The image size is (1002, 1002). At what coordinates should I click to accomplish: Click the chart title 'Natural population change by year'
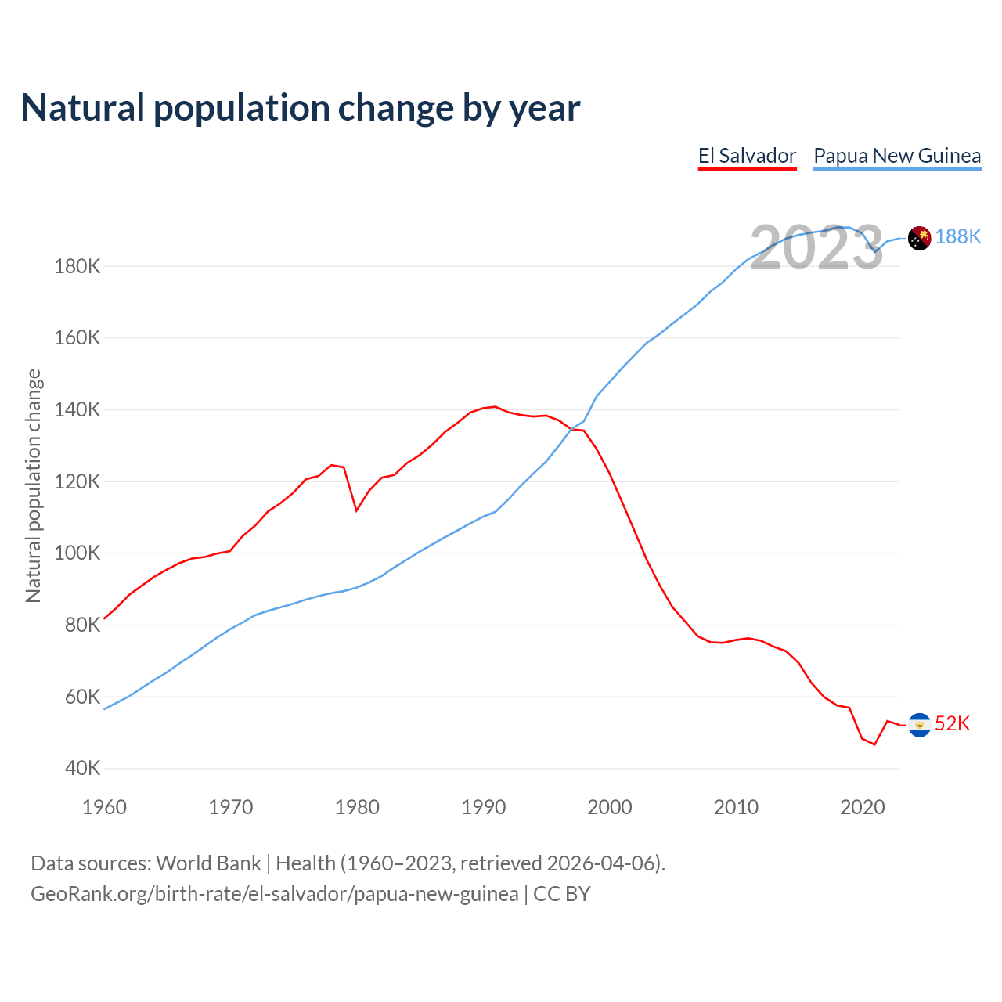tap(301, 107)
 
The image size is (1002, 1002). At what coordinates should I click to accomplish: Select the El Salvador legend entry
tap(747, 156)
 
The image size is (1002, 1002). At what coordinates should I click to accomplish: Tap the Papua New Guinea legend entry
tap(897, 156)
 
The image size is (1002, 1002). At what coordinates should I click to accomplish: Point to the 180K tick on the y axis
tap(77, 266)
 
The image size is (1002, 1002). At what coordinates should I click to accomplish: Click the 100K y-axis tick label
tap(77, 553)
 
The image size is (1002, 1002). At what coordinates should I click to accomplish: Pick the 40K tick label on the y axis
tap(82, 768)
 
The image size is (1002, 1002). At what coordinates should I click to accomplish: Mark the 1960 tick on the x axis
tap(104, 807)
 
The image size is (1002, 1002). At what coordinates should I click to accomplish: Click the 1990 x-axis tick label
tap(483, 807)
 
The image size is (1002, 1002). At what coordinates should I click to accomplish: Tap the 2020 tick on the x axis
tap(862, 807)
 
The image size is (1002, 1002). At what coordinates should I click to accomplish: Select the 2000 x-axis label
tap(610, 807)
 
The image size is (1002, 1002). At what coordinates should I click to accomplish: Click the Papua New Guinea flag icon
tap(919, 237)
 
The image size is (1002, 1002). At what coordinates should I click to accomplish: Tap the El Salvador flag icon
tap(919, 725)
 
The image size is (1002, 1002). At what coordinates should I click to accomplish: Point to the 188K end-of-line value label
tap(958, 236)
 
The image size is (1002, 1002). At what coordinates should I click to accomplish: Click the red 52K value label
tap(953, 724)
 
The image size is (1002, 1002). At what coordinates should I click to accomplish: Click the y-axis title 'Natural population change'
tap(33, 486)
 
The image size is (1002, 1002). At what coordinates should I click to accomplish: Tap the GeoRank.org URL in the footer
tap(274, 894)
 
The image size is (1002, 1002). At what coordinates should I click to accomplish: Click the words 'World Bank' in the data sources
tap(208, 863)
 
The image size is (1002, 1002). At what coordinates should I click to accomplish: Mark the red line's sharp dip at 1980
tap(357, 510)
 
